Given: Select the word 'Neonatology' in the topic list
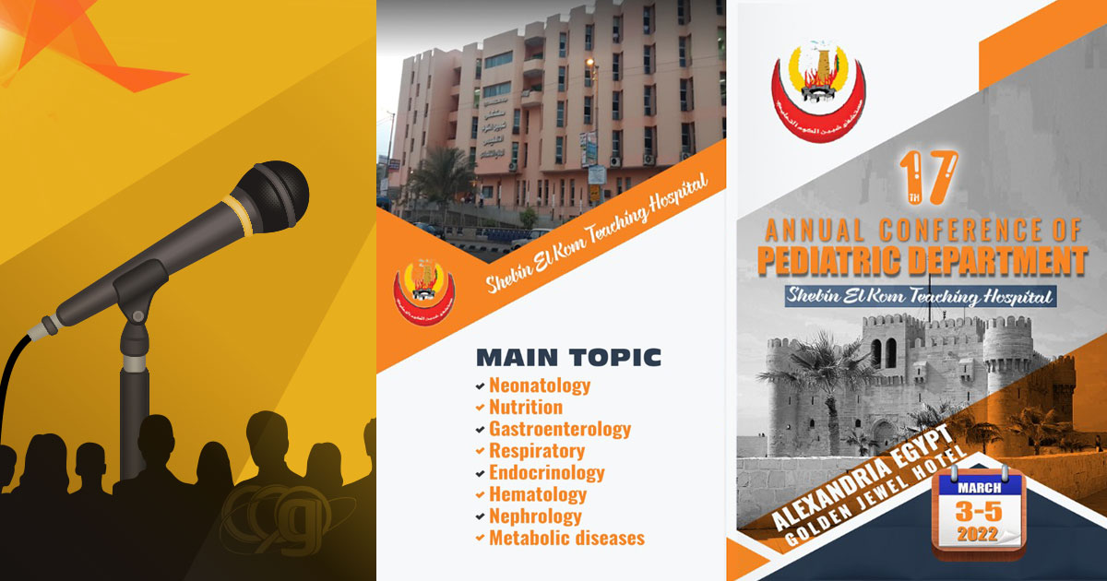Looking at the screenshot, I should [x=540, y=385].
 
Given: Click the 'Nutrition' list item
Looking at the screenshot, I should [x=525, y=407].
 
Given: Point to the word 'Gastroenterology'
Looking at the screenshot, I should [x=560, y=429].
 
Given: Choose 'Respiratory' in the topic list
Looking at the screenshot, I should [x=537, y=451].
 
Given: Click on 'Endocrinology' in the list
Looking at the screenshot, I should [x=547, y=473].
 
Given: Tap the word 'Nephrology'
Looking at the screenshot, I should [x=535, y=516].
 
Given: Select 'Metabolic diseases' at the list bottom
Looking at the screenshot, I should [x=566, y=538].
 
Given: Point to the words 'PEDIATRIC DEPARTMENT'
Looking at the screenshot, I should [x=922, y=260].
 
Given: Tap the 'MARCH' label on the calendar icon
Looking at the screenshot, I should [x=976, y=486].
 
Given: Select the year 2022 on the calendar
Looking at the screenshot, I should [x=976, y=534].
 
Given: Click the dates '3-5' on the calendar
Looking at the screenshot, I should [x=976, y=510].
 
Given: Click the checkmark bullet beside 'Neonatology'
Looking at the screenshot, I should [x=479, y=386].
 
